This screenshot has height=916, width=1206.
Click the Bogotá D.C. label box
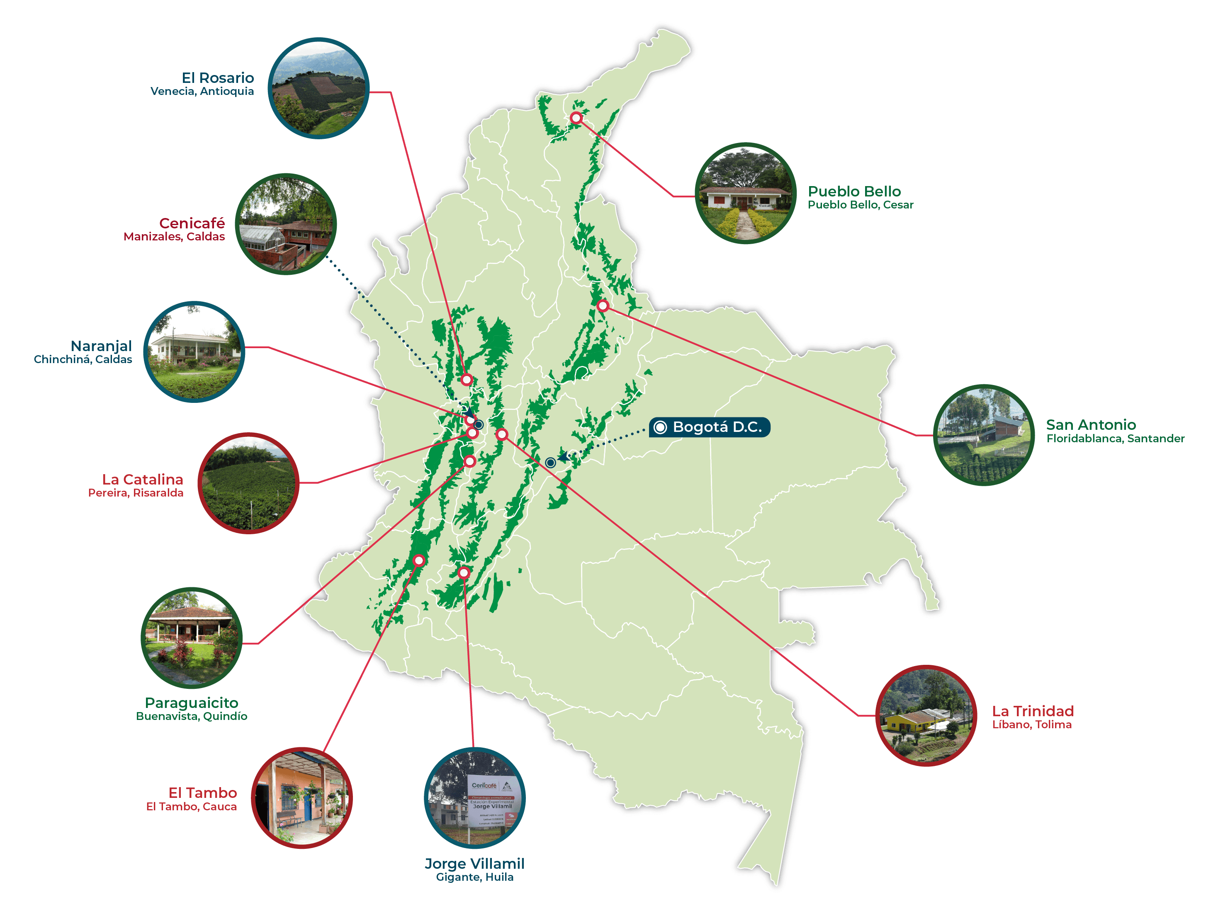(x=709, y=427)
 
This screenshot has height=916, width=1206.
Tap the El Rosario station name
(x=218, y=78)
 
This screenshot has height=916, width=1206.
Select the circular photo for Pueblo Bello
(x=745, y=194)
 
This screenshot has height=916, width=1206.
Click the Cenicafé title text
(x=192, y=223)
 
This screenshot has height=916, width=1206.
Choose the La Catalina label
(x=143, y=479)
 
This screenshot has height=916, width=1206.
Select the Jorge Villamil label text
(x=474, y=864)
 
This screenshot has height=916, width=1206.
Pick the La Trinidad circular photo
(x=926, y=715)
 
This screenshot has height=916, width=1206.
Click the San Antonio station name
(x=1091, y=425)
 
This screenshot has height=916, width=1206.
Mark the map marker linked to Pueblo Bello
(x=576, y=118)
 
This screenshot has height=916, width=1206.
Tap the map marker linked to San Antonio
(x=602, y=306)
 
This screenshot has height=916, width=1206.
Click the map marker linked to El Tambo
(x=419, y=560)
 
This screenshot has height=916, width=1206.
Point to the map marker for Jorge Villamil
(x=464, y=572)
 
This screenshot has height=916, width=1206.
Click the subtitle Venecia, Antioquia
(x=202, y=92)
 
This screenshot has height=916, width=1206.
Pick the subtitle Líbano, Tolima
(x=1032, y=725)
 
